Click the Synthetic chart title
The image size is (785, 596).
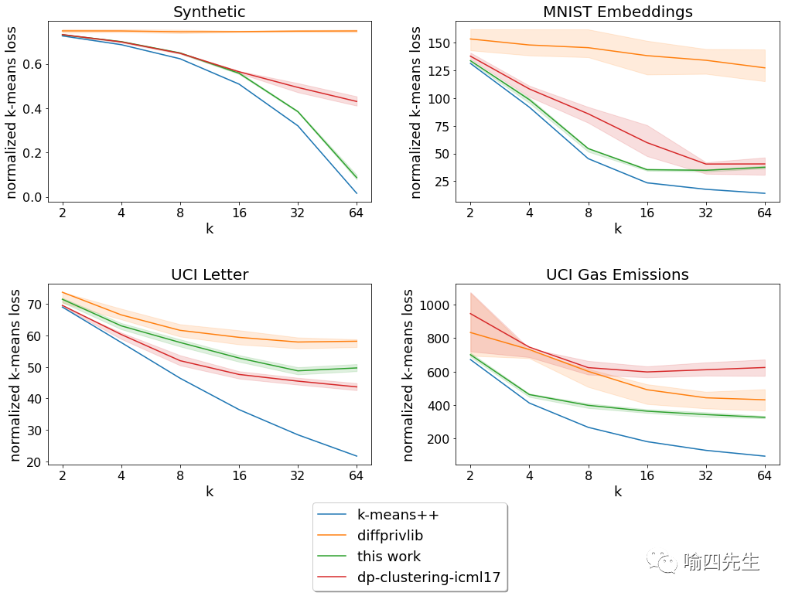(x=209, y=12)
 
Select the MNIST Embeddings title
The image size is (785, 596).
(x=617, y=12)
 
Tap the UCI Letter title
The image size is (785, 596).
(x=209, y=274)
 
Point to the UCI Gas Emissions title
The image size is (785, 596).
(x=617, y=274)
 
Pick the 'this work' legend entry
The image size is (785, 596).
(x=388, y=557)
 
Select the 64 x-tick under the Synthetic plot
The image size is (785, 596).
(x=357, y=213)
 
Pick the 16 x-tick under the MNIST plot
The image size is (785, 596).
(x=646, y=213)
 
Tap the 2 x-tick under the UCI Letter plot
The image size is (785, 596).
(x=62, y=476)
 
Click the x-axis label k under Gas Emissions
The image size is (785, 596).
(x=617, y=491)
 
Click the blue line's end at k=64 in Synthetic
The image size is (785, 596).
(x=357, y=192)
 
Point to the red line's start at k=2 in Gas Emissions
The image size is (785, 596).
(x=469, y=313)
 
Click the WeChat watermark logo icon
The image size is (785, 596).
(x=664, y=561)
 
